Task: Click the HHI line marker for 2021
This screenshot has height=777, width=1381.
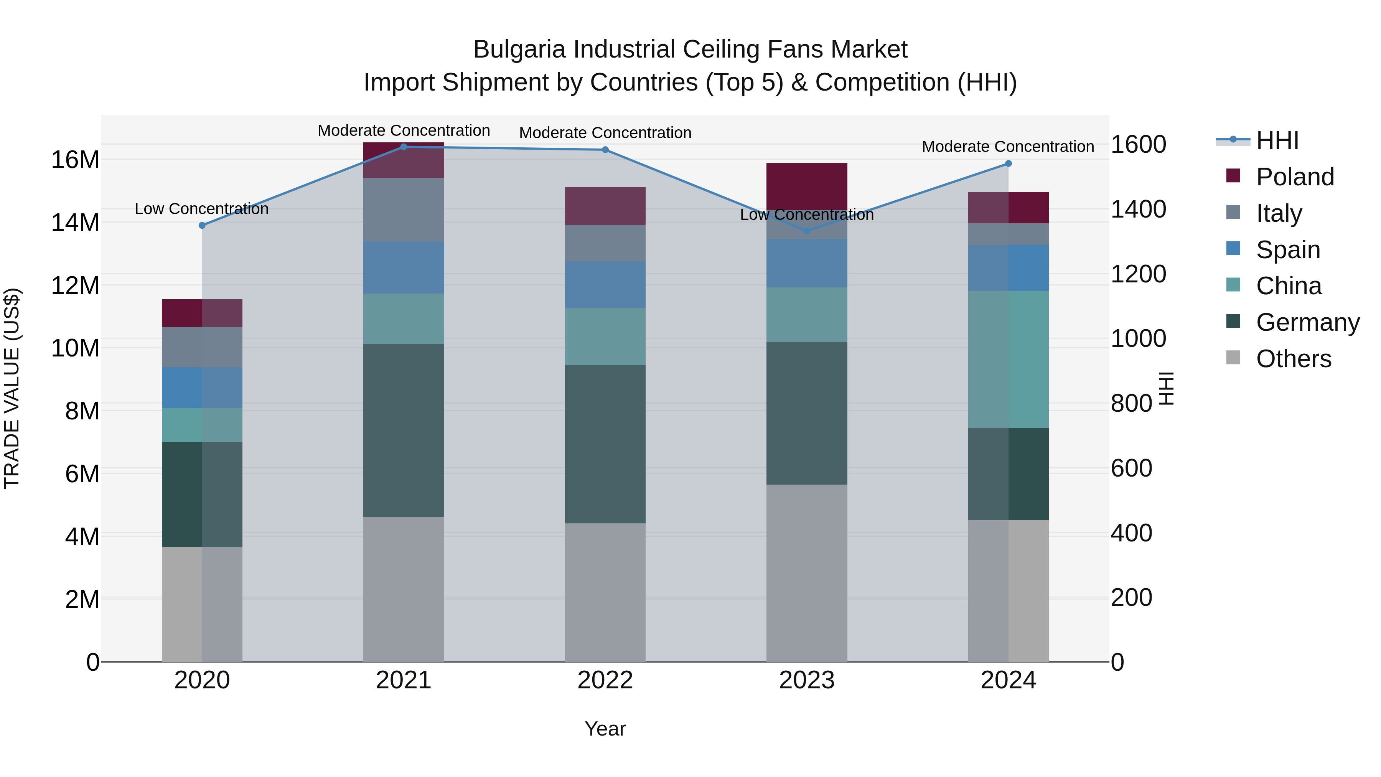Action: coord(404,147)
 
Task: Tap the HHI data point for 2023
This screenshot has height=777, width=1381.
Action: coord(807,231)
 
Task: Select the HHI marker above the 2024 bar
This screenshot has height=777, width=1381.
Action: coord(1009,163)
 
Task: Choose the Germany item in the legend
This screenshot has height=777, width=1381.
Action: coord(1307,322)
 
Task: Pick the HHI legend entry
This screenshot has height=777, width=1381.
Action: coord(1276,140)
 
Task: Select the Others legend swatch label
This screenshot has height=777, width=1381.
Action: coord(1293,359)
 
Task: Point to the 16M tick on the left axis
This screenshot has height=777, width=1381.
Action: coord(75,160)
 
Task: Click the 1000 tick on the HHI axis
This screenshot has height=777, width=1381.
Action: coord(1138,338)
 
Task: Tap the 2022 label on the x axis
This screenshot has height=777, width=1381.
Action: coord(605,680)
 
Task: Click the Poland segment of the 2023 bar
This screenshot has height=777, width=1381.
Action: coord(807,186)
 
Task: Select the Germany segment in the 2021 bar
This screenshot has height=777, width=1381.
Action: coord(404,430)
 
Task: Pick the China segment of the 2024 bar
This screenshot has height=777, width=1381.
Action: coord(1009,359)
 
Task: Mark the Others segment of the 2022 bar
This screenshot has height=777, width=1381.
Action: coord(605,592)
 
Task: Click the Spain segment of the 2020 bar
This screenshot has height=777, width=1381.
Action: coord(202,387)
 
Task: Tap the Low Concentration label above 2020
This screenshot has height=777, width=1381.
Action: coord(201,209)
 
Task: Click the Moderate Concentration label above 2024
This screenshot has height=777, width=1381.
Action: coord(1008,147)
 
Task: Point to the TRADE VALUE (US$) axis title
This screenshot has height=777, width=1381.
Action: coord(12,388)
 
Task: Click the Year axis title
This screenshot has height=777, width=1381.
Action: coord(605,729)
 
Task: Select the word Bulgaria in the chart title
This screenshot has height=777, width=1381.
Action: coord(519,49)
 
